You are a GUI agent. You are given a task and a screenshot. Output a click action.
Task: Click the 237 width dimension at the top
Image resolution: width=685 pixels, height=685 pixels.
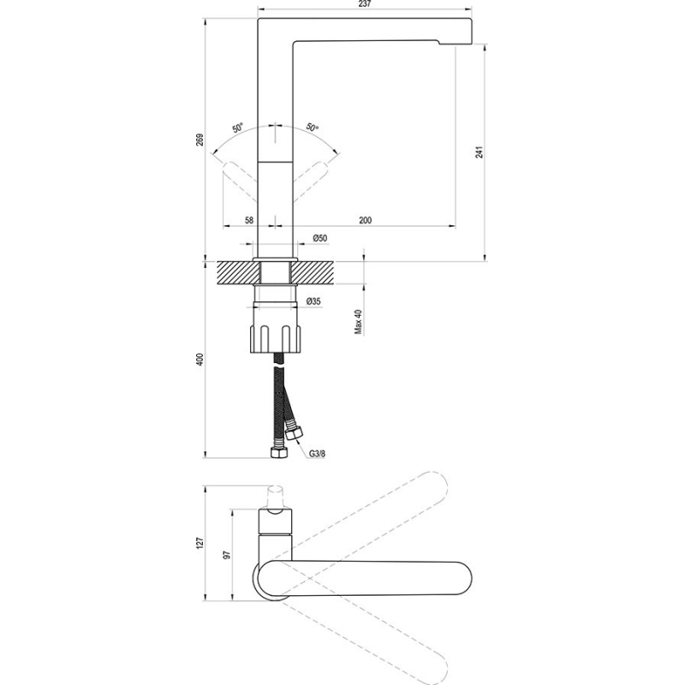(x=365, y=4)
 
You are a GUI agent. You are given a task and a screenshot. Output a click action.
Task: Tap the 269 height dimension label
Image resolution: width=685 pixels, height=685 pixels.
(x=200, y=140)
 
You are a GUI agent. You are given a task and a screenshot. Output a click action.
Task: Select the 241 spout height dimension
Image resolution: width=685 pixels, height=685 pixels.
(x=479, y=152)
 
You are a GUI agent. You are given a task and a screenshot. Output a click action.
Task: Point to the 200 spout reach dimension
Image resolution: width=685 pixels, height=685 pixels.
(x=366, y=220)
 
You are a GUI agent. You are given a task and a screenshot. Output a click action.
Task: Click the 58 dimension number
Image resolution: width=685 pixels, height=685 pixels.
(x=249, y=220)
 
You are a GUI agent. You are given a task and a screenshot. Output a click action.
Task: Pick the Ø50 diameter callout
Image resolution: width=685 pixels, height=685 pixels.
(x=319, y=238)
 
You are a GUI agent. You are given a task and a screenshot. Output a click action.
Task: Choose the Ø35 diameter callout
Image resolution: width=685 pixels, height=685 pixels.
(x=313, y=301)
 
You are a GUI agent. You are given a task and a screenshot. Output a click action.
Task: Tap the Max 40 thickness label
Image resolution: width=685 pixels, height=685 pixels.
(x=358, y=322)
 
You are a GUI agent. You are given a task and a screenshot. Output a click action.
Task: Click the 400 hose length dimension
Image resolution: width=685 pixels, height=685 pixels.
(x=200, y=359)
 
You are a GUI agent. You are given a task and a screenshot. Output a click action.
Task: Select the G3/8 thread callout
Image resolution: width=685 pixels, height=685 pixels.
(x=317, y=454)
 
